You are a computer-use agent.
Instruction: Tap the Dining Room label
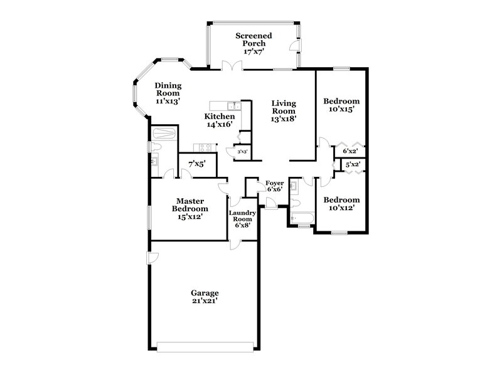click(x=168, y=93)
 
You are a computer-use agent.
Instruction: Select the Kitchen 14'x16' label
click(x=220, y=120)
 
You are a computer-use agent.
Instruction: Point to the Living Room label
click(x=284, y=110)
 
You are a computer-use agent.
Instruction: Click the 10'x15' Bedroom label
click(x=341, y=105)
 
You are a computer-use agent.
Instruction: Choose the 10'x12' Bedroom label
click(x=341, y=204)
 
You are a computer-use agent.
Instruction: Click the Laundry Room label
click(x=242, y=219)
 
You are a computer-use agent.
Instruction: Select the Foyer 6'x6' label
click(x=275, y=186)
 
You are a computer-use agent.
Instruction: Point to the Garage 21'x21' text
click(x=205, y=297)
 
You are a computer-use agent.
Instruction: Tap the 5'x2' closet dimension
click(x=353, y=165)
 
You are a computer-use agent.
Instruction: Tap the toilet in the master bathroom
click(x=155, y=147)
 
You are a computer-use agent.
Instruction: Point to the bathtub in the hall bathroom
click(x=302, y=218)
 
